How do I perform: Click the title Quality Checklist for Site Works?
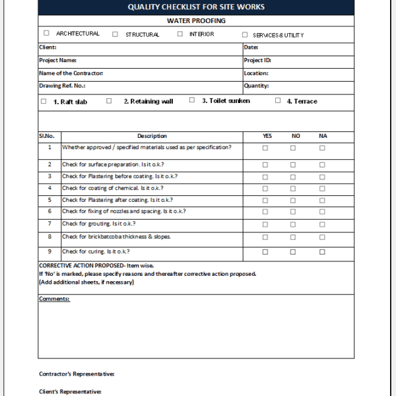(x=196, y=7)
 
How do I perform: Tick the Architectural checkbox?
(x=46, y=33)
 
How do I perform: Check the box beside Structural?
(x=115, y=34)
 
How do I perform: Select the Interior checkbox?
(x=180, y=34)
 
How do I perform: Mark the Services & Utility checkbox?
(x=245, y=34)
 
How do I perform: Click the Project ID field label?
(x=257, y=60)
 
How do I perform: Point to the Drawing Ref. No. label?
(x=63, y=86)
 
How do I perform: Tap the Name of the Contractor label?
(x=71, y=73)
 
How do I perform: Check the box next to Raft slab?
(x=44, y=101)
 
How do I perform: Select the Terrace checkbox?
(x=278, y=100)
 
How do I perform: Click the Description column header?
(x=152, y=136)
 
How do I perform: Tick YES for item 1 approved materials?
(x=265, y=148)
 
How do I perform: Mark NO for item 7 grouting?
(x=293, y=224)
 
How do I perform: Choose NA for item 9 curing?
(x=322, y=251)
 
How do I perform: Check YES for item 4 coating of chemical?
(x=265, y=189)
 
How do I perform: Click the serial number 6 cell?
(x=49, y=211)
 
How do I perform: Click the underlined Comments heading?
(x=54, y=299)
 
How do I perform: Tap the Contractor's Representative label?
(x=77, y=374)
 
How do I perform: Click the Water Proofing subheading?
(x=196, y=20)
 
